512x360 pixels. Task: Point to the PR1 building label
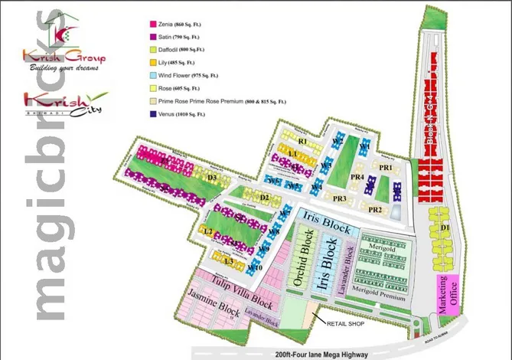pos(386,167)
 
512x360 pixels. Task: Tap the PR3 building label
pos(340,199)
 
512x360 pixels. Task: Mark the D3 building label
pos(214,178)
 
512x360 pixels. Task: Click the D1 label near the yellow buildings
pos(445,227)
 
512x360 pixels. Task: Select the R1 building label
pos(302,142)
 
